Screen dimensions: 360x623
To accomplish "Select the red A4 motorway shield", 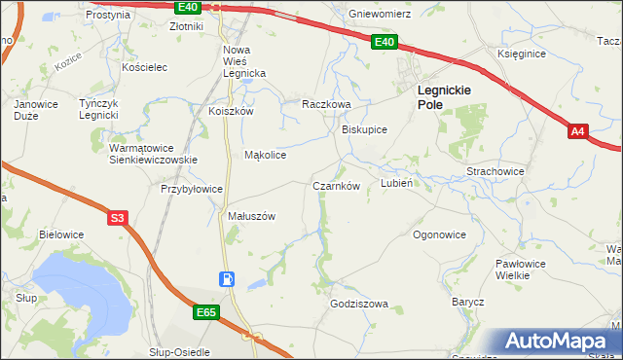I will click(578, 130).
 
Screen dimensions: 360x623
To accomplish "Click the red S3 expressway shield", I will click(117, 218).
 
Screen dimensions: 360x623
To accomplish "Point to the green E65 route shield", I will click(204, 312).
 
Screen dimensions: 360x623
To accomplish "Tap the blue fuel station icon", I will click(226, 279).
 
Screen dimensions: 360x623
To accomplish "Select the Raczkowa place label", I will click(325, 103).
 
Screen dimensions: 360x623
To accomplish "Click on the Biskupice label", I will click(365, 128).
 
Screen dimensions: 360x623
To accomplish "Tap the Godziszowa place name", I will click(359, 304).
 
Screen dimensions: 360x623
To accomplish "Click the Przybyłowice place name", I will click(193, 190).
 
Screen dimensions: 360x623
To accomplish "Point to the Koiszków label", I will click(231, 111).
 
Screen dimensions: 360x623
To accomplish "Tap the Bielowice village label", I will click(60, 234).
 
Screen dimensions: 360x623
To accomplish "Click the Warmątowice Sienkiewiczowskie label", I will click(153, 153).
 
